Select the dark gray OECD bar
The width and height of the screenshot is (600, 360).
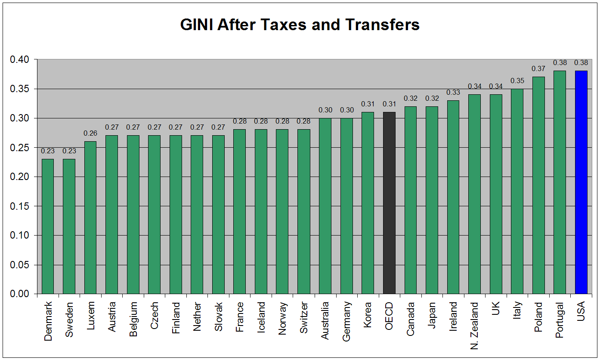tap(389, 203)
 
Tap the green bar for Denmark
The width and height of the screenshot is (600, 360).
tap(48, 227)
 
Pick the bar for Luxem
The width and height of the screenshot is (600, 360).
tap(90, 217)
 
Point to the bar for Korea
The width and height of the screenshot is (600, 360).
tap(368, 203)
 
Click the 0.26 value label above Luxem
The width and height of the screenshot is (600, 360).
tap(90, 133)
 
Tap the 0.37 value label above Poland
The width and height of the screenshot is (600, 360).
tap(538, 69)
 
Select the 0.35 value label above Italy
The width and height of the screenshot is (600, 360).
tap(517, 81)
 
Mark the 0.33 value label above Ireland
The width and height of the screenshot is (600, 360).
tap(453, 92)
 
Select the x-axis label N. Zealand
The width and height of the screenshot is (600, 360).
tap(474, 326)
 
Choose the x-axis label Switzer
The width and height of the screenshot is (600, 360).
tap(304, 318)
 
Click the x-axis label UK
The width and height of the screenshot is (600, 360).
tap(496, 308)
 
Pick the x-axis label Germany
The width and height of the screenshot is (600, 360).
tap(346, 321)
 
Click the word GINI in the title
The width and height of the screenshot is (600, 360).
tap(197, 25)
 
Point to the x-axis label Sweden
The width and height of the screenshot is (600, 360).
tap(69, 319)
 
